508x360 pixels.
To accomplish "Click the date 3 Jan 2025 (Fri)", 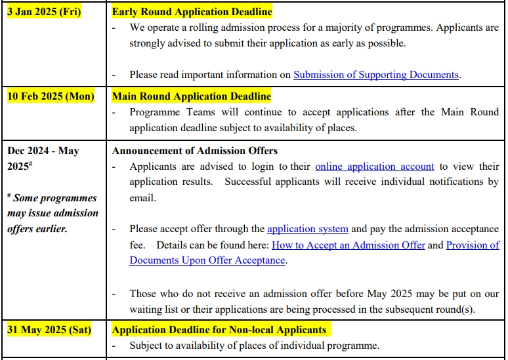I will tap(44, 12).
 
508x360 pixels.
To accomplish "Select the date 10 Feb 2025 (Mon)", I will tap(51, 96).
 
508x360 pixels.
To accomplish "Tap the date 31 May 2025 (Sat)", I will tap(49, 329).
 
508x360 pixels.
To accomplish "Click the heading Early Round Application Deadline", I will tap(192, 12).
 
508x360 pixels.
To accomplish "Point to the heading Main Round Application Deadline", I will tap(191, 96).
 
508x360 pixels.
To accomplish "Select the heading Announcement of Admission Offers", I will tap(194, 151).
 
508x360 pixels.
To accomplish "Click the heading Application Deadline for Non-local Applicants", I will tap(219, 329).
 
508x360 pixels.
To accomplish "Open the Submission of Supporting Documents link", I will tap(375, 75).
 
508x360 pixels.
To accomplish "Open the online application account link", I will tap(374, 167).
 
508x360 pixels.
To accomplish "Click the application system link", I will tap(307, 229).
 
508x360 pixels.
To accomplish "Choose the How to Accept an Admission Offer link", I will tap(349, 245).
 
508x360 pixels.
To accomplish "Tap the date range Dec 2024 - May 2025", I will tap(43, 158).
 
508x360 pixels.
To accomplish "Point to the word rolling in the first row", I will tap(196, 28).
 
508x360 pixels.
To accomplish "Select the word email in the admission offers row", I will tap(142, 197).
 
